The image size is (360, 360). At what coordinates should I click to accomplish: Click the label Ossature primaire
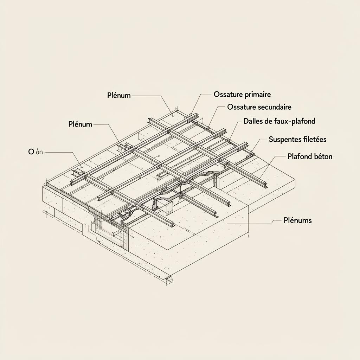(x=242, y=95)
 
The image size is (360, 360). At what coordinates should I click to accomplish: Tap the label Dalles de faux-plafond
(x=279, y=121)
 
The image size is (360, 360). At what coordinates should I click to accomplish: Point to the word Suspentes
(x=283, y=140)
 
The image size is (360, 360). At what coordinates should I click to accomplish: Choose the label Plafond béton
(x=310, y=156)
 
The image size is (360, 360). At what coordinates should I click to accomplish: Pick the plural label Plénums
(x=297, y=221)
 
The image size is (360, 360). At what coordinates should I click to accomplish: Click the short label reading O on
(x=36, y=152)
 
